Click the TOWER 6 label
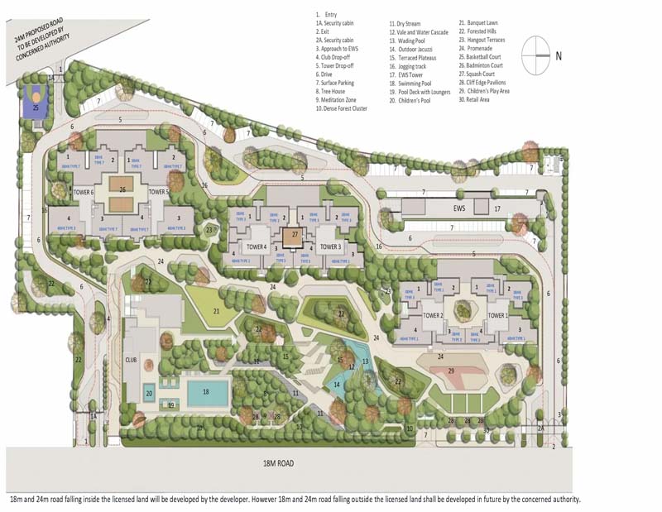click(x=84, y=192)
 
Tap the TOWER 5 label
click(x=159, y=192)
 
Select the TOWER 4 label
click(x=257, y=246)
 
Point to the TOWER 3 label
click(x=330, y=246)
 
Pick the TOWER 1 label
click(x=497, y=315)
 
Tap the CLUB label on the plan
click(x=131, y=360)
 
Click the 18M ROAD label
click(x=273, y=463)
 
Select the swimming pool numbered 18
click(x=205, y=392)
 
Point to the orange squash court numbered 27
click(x=295, y=235)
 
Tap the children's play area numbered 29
click(x=452, y=372)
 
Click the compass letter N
click(x=559, y=56)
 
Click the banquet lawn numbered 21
click(x=216, y=311)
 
